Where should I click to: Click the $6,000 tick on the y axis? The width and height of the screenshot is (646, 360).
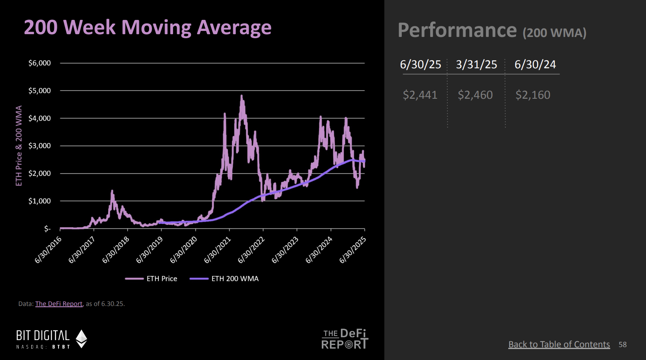click(x=39, y=63)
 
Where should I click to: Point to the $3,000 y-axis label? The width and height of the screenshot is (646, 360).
click(x=39, y=146)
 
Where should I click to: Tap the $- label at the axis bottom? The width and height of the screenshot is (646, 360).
click(x=47, y=229)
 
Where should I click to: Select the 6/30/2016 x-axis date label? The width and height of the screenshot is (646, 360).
click(x=48, y=249)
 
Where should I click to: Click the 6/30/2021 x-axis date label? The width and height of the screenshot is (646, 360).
click(x=217, y=249)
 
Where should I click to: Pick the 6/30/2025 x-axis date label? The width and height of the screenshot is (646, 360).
click(x=353, y=249)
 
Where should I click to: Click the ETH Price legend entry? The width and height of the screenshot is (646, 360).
click(x=161, y=279)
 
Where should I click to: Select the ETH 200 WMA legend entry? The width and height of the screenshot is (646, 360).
click(x=234, y=279)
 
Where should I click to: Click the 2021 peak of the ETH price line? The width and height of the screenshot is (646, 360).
click(x=242, y=96)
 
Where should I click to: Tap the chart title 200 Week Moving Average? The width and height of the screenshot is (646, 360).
click(x=147, y=28)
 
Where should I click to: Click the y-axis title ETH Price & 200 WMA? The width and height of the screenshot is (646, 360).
click(x=19, y=146)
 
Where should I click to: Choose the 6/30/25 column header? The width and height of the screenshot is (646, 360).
click(x=421, y=65)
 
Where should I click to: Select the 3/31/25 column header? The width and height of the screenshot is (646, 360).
click(x=476, y=65)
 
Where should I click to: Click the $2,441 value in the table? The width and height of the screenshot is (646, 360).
click(x=420, y=95)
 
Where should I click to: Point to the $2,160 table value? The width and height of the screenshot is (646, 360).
click(x=533, y=95)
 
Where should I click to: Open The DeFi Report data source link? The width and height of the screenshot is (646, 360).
click(x=59, y=304)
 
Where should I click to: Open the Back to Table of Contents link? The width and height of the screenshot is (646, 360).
click(x=559, y=345)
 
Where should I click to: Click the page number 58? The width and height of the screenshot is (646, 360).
click(x=622, y=345)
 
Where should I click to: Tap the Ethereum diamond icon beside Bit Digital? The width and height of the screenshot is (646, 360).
click(x=82, y=338)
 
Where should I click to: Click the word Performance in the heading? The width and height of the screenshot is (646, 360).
click(x=457, y=30)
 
